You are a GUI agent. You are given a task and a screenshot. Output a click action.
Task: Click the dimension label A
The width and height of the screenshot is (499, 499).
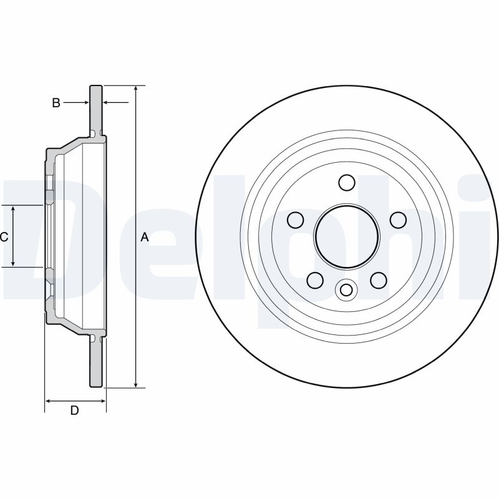(x=145, y=237)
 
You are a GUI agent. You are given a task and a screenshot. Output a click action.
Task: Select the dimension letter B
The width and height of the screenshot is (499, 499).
(x=56, y=103)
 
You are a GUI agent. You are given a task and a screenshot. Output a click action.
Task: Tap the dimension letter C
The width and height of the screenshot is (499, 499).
(x=4, y=236)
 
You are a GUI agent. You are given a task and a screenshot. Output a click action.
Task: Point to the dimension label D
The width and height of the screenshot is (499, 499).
(x=74, y=410)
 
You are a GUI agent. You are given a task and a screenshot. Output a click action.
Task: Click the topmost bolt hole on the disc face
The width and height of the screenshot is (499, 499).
(x=347, y=182)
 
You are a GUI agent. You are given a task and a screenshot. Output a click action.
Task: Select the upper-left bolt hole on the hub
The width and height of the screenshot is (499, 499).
(x=296, y=220)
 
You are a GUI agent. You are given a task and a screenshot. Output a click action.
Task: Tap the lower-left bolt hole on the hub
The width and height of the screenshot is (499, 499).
(x=316, y=279)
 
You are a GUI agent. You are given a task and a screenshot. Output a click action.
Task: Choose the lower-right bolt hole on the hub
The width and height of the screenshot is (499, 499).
(x=378, y=279)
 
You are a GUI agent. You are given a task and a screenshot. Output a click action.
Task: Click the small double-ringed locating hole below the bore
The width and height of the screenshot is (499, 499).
(x=346, y=289)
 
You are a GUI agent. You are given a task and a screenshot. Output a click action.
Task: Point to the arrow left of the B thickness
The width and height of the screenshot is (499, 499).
(x=85, y=102)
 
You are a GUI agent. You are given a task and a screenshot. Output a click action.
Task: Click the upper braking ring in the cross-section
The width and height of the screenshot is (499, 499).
(x=96, y=109)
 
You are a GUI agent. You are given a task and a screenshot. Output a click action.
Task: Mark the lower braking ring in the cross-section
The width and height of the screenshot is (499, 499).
(x=96, y=365)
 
